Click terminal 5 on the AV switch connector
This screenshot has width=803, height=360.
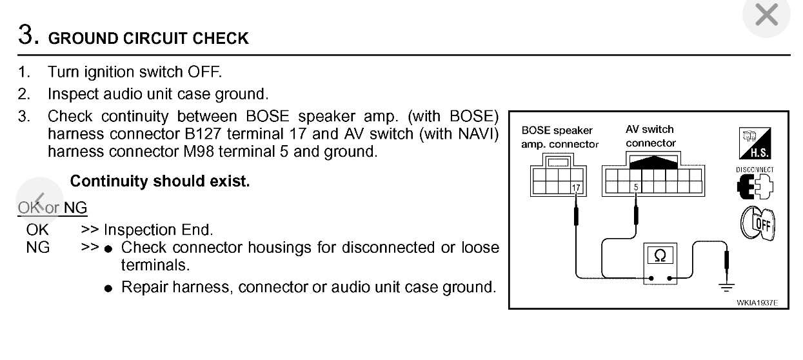coord(636,188)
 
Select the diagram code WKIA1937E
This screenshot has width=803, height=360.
coord(759,301)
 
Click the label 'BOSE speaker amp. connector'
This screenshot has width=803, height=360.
coord(558,137)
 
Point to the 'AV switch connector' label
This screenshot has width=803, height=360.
coord(650,136)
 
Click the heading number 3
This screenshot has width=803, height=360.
coord(26,35)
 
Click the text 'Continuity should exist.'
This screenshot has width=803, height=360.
coord(159,182)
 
